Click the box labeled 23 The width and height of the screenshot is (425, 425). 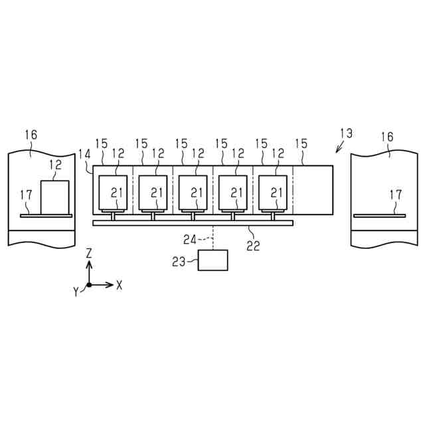pyautogui.click(x=213, y=260)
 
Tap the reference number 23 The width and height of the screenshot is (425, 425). pyautogui.click(x=179, y=262)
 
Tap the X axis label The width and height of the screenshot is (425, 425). pyautogui.click(x=120, y=285)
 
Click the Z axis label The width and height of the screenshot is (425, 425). pyautogui.click(x=89, y=253)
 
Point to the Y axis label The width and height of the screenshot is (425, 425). pyautogui.click(x=77, y=291)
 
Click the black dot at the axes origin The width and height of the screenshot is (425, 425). pyautogui.click(x=90, y=285)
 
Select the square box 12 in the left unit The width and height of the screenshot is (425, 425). pyautogui.click(x=55, y=197)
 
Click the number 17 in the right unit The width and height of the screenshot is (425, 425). pyautogui.click(x=395, y=195)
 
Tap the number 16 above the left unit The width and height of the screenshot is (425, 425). pyautogui.click(x=31, y=135)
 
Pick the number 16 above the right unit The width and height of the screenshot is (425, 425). pyautogui.click(x=386, y=137)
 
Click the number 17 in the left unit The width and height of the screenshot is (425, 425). pyautogui.click(x=26, y=195)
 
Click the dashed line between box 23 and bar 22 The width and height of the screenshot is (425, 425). pyautogui.click(x=213, y=238)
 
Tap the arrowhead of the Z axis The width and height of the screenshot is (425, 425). pyautogui.click(x=90, y=263)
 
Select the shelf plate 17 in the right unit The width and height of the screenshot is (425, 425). pyautogui.click(x=379, y=215)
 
